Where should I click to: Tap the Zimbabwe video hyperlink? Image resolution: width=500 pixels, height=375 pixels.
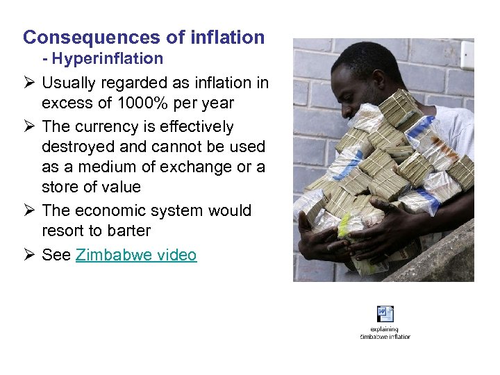pyautogui.click(x=136, y=255)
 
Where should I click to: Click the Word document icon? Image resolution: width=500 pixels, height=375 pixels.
pyautogui.click(x=385, y=314)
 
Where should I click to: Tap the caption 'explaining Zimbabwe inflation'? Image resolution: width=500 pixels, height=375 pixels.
pyautogui.click(x=385, y=333)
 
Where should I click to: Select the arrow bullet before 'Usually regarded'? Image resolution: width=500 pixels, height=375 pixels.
pyautogui.click(x=28, y=83)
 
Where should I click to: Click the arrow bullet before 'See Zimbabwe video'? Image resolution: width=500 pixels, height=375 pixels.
pyautogui.click(x=28, y=255)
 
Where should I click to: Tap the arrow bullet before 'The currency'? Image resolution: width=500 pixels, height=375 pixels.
pyautogui.click(x=28, y=127)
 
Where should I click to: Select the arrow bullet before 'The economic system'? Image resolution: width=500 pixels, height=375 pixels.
pyautogui.click(x=28, y=210)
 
